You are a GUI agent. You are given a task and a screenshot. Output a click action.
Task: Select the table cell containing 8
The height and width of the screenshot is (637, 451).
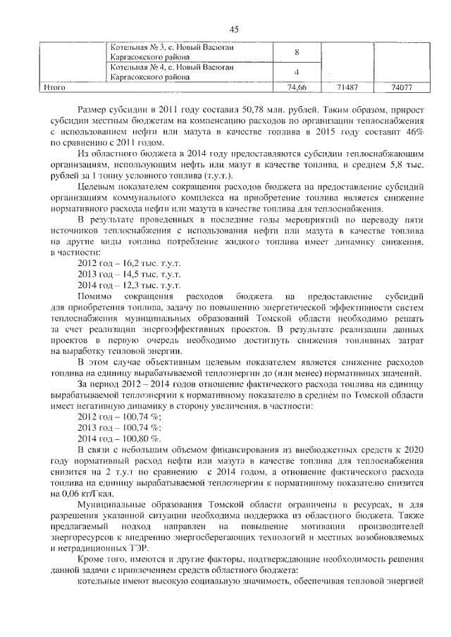[x=297, y=52]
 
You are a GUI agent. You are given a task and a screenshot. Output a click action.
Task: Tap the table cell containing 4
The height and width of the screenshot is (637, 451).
[x=297, y=72]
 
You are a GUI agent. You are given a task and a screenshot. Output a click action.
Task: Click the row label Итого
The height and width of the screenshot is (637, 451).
[x=54, y=88]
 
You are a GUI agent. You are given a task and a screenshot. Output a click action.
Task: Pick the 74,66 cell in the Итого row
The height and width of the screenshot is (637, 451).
[x=297, y=88]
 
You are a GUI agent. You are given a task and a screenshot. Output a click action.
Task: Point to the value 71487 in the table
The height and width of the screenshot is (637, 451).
[x=345, y=88]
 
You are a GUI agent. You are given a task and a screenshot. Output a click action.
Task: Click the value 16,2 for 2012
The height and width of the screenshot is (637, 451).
[x=133, y=261]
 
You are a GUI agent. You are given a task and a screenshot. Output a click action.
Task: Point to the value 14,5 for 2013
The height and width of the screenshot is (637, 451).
[x=133, y=273]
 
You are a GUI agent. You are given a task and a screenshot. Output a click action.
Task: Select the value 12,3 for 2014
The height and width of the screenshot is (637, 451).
[x=133, y=285]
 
